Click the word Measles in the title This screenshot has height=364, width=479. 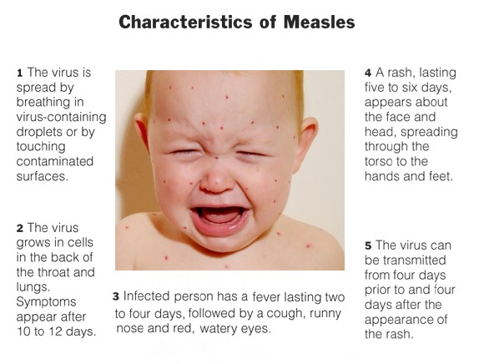pos(320,23)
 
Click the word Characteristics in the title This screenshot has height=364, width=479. pos(186,23)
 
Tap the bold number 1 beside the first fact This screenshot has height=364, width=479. pos(20,73)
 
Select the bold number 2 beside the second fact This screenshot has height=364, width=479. pos(20,228)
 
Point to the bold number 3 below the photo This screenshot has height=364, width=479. pos(115,296)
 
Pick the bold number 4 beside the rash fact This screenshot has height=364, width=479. pos(368,73)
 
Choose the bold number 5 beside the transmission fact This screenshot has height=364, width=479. pos(368,245)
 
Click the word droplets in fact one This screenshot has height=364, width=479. pos(35,132)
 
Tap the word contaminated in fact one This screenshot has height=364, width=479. pos(55,161)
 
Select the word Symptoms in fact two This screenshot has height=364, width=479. pos(46,302)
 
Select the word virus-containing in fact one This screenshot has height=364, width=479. pos(62,117)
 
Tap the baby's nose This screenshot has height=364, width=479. pos(216,180)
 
